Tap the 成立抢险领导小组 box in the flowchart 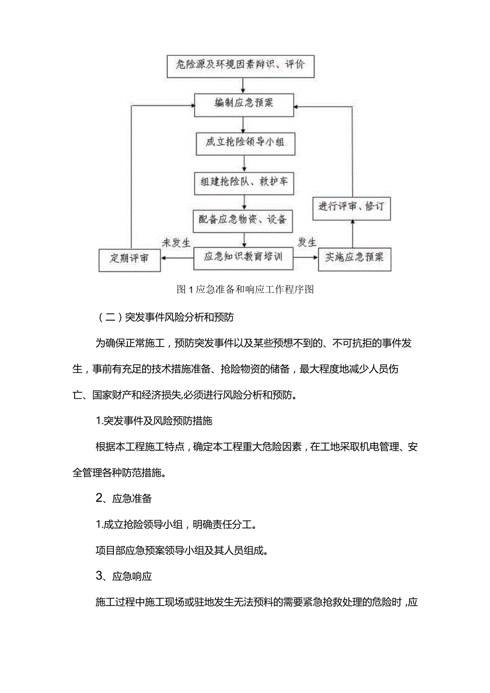[244, 143]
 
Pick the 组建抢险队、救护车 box [244, 182]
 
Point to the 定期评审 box [129, 259]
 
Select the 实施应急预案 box [354, 258]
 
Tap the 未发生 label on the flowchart [176, 243]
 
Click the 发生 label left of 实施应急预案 [307, 243]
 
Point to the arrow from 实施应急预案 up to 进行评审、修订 [352, 234]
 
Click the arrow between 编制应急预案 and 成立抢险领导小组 [243, 124]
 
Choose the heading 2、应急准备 [124, 499]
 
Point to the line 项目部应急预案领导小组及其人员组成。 [182, 551]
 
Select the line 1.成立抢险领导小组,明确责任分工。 [176, 525]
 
